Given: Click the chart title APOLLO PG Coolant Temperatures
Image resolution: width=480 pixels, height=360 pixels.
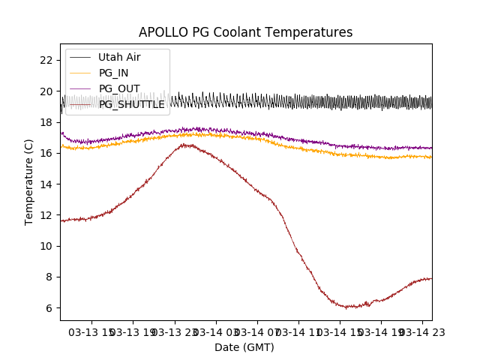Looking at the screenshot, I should (245, 32).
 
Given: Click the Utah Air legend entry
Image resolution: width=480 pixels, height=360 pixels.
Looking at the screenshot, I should (119, 57).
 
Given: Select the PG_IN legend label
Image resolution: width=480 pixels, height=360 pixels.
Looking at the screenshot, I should (113, 73).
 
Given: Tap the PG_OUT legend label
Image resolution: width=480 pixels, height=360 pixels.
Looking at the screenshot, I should (118, 88).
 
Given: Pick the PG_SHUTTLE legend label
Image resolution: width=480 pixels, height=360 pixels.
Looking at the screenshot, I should (131, 104).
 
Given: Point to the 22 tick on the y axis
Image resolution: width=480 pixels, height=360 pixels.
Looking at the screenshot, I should (46, 60).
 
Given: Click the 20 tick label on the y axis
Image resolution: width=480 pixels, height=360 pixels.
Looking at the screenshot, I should (46, 91).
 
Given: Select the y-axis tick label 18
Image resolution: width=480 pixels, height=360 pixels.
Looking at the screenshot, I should (46, 122).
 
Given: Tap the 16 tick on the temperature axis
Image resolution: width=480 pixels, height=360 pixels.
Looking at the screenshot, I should (46, 153).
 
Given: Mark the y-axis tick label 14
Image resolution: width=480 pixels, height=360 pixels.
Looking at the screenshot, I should (46, 184).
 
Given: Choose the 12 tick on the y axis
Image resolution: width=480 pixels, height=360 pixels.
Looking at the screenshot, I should (46, 215).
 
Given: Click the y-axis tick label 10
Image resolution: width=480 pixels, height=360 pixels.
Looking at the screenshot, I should (46, 246).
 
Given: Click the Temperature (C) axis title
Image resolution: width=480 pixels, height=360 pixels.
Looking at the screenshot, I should (29, 182).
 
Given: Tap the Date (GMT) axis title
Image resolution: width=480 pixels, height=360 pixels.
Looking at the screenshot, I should (244, 347).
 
